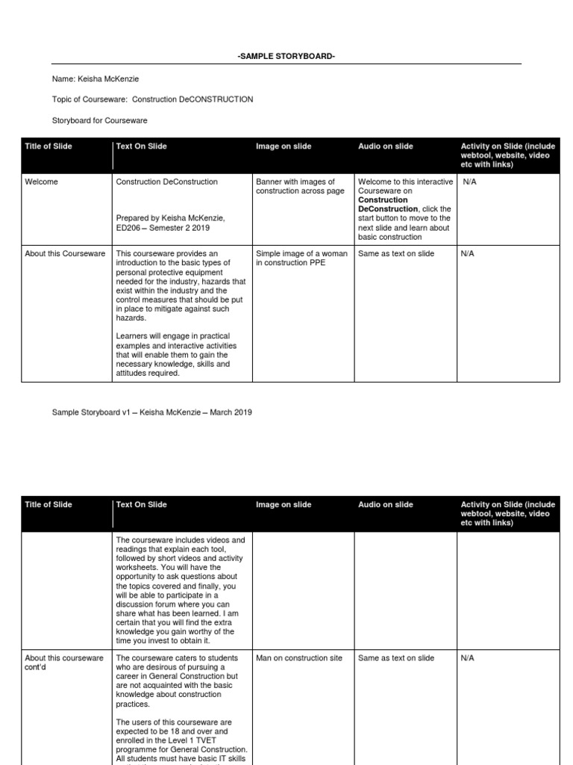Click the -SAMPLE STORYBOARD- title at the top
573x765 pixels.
(286, 57)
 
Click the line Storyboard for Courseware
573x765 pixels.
(99, 120)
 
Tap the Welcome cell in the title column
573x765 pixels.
(41, 182)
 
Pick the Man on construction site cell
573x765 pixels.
(299, 658)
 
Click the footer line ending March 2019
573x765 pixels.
(151, 412)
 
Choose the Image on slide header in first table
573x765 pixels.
(284, 146)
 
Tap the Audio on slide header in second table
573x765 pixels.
(385, 505)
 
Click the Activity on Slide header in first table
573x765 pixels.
(507, 155)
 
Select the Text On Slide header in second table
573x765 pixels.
(142, 505)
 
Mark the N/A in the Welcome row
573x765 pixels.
(470, 182)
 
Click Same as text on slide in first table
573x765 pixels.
(395, 253)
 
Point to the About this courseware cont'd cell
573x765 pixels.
(63, 663)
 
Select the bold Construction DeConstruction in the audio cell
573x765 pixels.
(388, 205)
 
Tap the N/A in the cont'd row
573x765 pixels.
(467, 658)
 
